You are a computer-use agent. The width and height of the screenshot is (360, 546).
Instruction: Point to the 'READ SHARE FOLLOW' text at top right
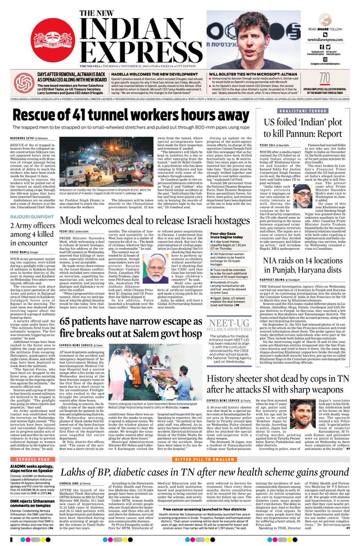tap(322, 29)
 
